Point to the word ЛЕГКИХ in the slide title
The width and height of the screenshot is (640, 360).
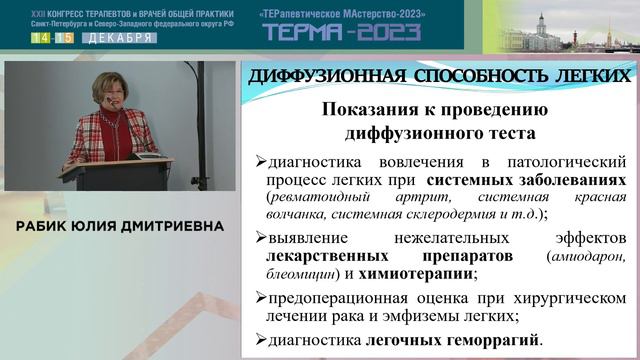[594, 76]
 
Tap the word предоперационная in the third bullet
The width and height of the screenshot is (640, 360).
[330, 298]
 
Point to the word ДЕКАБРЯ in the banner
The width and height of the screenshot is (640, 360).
[116, 38]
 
